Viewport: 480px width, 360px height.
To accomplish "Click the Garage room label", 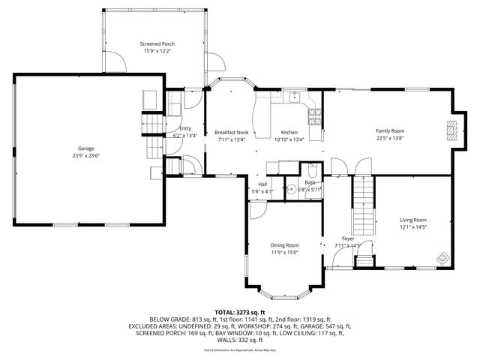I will tap(86, 148).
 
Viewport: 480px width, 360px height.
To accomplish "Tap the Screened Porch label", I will tap(155, 44).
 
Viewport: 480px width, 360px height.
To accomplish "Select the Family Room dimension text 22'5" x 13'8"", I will tap(389, 138).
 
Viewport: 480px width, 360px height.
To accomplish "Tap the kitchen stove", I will tap(315, 117).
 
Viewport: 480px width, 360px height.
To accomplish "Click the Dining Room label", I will tap(285, 245).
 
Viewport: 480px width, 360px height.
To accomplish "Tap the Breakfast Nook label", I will tap(232, 131).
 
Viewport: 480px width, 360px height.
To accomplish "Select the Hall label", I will tap(262, 184).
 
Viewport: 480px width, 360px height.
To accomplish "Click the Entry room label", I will tap(185, 128).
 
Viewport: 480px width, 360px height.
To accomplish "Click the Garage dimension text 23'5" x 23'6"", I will tap(86, 156).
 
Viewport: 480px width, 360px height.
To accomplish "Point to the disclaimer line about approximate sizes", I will tap(240, 350).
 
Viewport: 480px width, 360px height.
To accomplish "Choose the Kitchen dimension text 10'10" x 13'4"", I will tap(289, 139).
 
